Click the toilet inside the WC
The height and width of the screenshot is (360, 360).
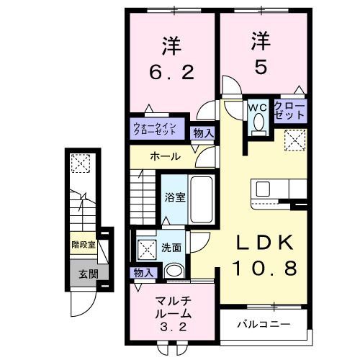(x=258, y=125)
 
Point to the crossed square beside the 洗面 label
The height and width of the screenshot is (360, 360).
(x=146, y=249)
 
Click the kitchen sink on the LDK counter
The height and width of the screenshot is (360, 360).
(x=263, y=189)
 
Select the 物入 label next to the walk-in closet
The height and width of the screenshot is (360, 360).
(x=203, y=132)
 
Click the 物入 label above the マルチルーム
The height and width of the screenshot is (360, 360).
(x=142, y=272)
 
